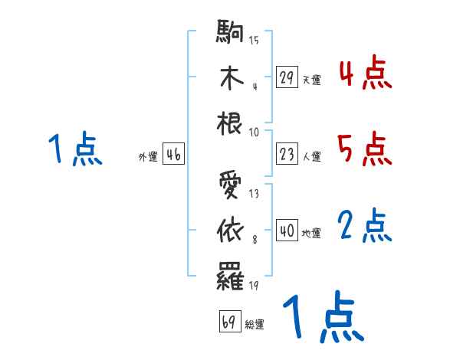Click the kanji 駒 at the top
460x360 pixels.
pos(231,33)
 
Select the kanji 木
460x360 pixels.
pos(231,77)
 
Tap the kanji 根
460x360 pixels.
pos(231,122)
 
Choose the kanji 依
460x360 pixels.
pos(231,229)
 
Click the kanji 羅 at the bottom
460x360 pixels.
pos(231,273)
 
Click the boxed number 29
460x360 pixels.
pos(287,77)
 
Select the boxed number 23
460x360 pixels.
pos(287,155)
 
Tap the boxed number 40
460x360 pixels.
pos(287,231)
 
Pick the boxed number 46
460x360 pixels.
pos(173,155)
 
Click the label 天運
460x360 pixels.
pos(311,80)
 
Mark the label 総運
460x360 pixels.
pos(255,324)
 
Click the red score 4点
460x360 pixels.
pos(365,74)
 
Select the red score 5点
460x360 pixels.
pos(365,149)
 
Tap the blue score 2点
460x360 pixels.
pos(365,226)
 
